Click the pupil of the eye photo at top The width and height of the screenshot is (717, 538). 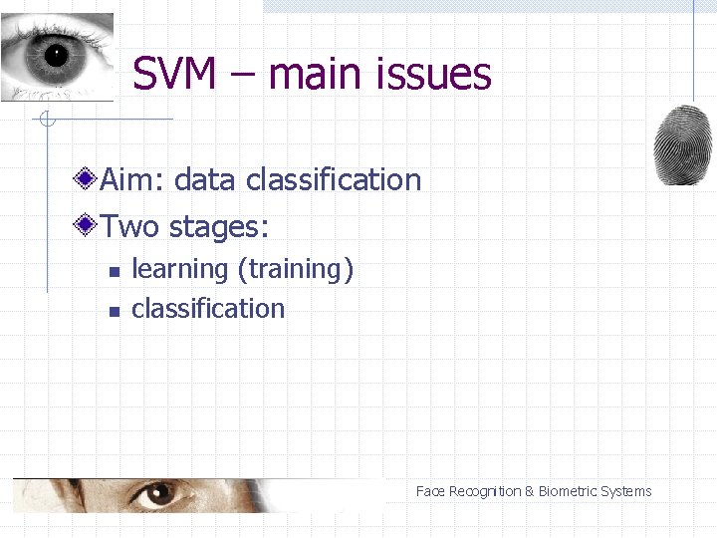click(x=55, y=54)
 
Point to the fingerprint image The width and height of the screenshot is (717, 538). click(x=683, y=145)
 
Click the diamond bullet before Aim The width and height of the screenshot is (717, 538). click(x=88, y=179)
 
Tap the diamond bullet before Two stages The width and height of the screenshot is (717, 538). click(x=88, y=226)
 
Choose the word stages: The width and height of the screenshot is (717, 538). click(x=219, y=227)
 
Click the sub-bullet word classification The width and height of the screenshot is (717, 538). click(x=208, y=309)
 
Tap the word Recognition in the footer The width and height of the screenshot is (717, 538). click(x=485, y=491)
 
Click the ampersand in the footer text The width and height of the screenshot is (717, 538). click(x=530, y=491)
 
